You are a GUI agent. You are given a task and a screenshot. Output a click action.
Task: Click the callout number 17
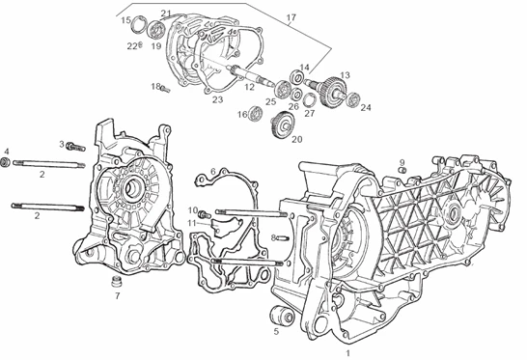coord(291,17)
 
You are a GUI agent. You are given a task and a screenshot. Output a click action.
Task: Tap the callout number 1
coord(348,353)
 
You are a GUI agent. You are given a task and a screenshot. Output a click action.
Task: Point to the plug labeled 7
coord(117,281)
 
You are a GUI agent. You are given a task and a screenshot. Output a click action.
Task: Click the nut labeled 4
coord(6,162)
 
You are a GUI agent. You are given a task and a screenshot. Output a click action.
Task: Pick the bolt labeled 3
coord(75,147)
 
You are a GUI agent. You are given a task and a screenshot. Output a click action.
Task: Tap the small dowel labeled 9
coord(402,170)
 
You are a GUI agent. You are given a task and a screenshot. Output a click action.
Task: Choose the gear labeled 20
coord(284,125)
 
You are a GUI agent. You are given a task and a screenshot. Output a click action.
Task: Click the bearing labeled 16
coord(256,112)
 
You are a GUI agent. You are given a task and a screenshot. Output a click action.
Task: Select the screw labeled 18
coord(165,89)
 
